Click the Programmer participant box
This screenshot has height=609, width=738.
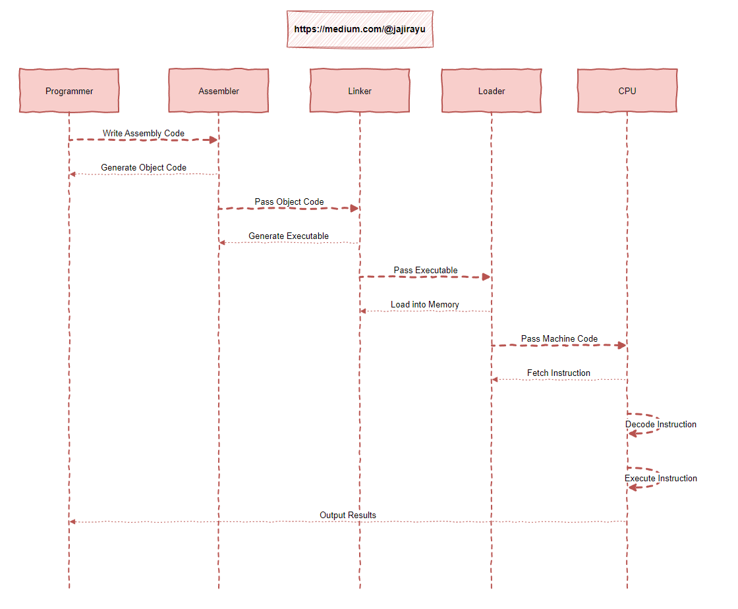point(69,91)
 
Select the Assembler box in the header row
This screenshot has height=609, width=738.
point(219,91)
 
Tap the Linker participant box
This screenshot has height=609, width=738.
point(360,91)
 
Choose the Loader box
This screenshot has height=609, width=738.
point(492,91)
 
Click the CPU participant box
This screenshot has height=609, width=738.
point(627,91)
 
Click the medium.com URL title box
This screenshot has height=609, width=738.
point(360,29)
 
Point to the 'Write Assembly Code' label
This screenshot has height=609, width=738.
point(144,134)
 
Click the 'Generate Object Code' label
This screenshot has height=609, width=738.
point(144,168)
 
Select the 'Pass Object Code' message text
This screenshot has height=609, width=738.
point(289,202)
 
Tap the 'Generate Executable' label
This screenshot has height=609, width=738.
point(289,236)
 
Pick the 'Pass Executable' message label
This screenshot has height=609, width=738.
point(426,271)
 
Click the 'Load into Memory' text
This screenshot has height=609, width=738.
point(425,305)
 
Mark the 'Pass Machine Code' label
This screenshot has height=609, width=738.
point(559,339)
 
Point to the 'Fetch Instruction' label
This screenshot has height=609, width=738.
point(559,373)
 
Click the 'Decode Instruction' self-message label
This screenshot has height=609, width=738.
point(661,425)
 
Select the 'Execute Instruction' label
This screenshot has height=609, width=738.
point(661,479)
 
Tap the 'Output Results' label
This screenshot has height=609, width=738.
point(348,516)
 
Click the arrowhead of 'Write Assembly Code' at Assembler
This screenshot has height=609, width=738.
point(213,140)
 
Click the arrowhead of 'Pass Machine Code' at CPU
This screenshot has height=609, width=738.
point(621,345)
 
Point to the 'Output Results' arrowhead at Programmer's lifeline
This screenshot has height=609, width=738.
point(73,522)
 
